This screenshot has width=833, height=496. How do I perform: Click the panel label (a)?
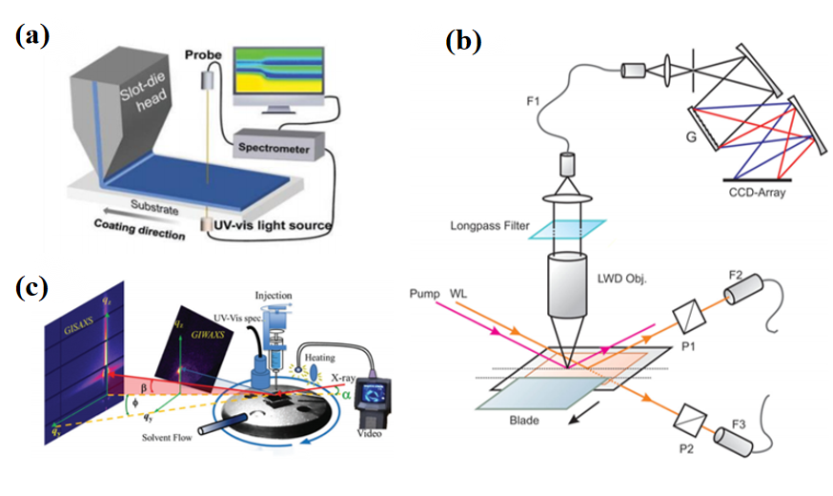(32, 38)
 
